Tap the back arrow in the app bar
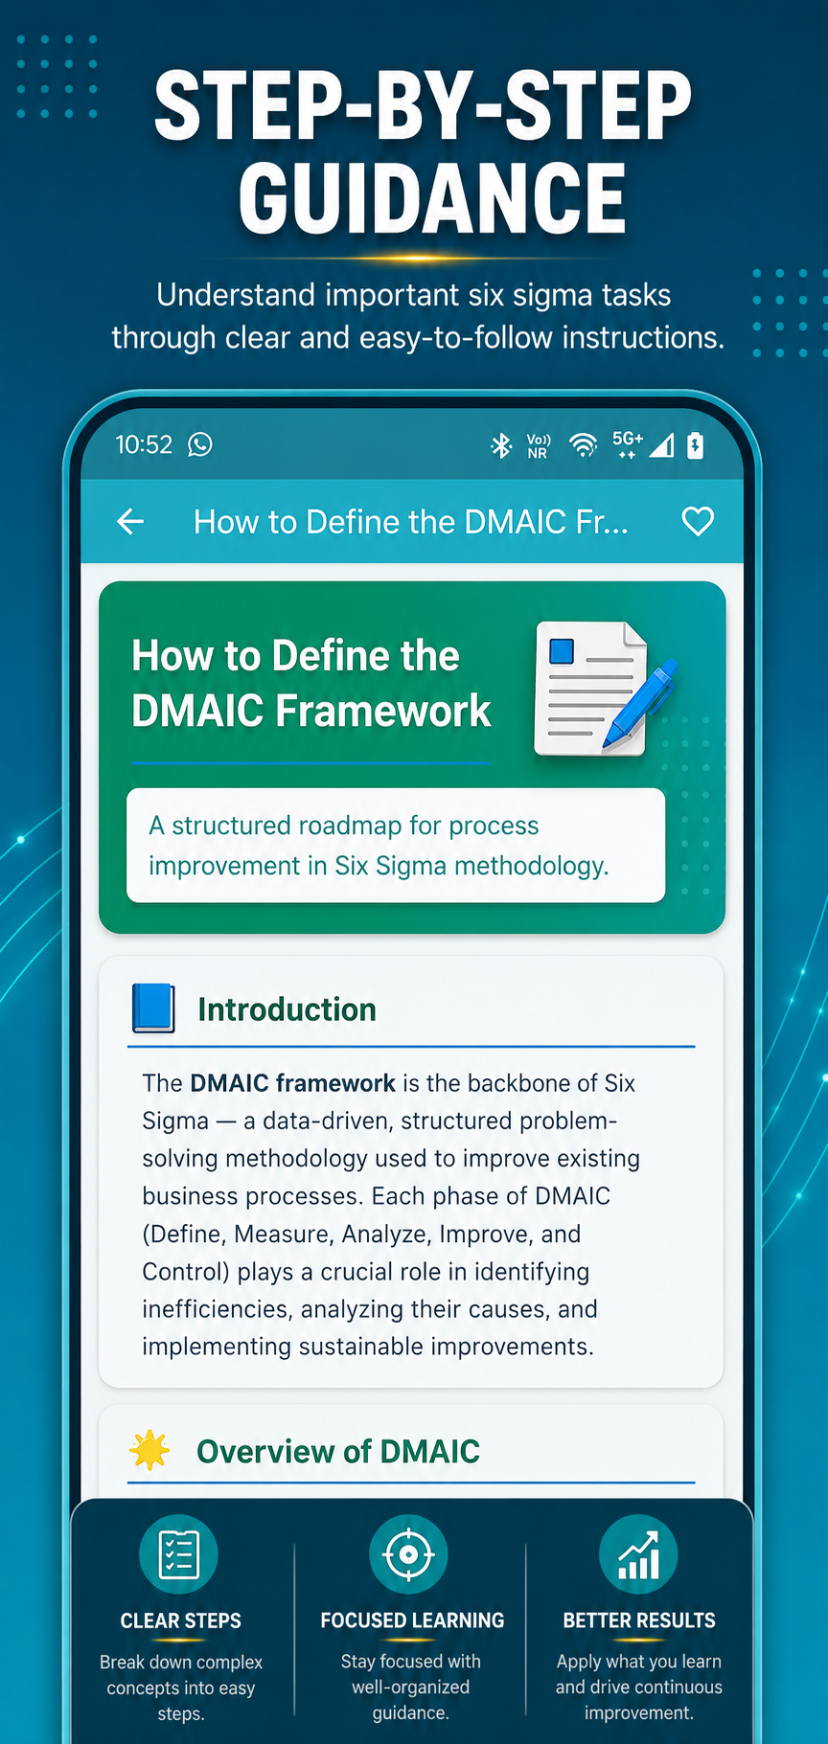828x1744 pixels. point(130,522)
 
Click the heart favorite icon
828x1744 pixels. point(698,522)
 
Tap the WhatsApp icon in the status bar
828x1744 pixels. point(200,444)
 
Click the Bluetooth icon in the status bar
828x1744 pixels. point(501,445)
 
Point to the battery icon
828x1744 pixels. point(696,445)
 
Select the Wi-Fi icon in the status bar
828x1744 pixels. point(583,445)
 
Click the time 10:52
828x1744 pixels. point(144,445)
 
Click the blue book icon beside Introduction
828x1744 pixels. point(153,1008)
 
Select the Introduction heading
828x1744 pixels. point(287,1009)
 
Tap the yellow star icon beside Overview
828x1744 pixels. point(150,1450)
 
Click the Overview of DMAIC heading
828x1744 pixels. point(338,1452)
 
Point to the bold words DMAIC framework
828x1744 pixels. point(293,1083)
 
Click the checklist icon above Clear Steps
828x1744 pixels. point(179,1554)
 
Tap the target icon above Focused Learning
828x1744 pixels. point(408,1553)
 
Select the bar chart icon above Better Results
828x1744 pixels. point(638,1554)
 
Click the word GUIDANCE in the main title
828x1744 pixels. point(432,198)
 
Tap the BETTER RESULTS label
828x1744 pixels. point(639,1620)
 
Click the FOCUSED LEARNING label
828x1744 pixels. point(412,1620)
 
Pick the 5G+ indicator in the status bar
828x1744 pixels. point(628,443)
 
